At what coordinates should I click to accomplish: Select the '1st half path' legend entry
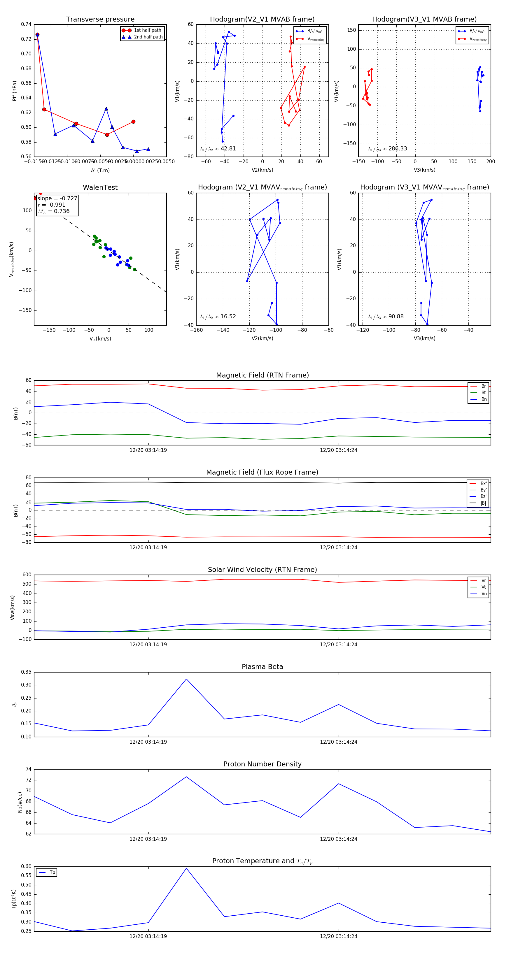click(x=148, y=30)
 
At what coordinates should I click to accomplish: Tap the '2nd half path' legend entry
click(x=148, y=37)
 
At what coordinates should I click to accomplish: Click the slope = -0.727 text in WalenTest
click(x=57, y=198)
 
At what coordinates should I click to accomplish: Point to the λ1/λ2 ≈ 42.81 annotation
click(x=218, y=149)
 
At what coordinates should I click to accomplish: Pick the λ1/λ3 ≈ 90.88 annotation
click(x=386, y=317)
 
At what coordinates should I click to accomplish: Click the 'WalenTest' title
click(x=100, y=187)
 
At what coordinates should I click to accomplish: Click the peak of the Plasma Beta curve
click(x=186, y=679)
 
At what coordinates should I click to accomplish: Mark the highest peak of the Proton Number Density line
click(x=186, y=777)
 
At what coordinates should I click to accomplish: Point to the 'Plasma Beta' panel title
click(x=262, y=667)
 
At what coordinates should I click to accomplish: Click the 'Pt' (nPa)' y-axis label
click(x=15, y=91)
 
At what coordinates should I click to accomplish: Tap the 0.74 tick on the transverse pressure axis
click(x=26, y=24)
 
